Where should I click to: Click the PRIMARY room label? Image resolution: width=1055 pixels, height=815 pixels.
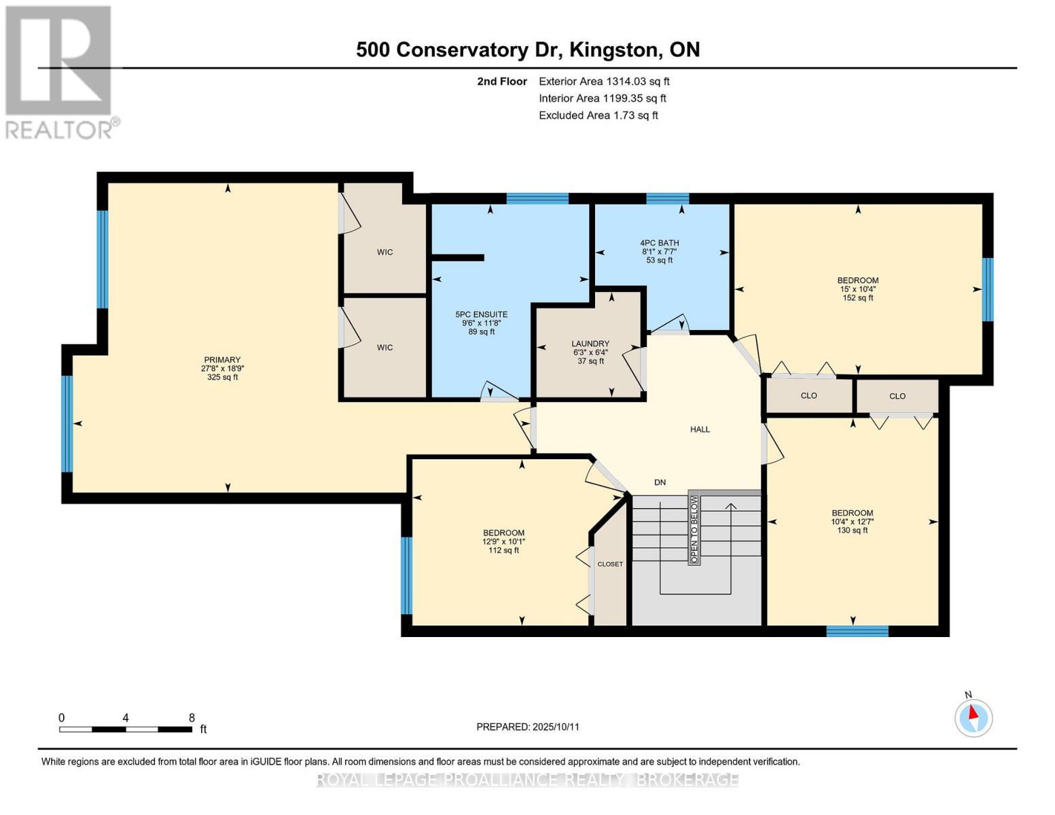click(222, 360)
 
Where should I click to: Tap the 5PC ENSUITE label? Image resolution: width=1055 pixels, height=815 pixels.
click(481, 314)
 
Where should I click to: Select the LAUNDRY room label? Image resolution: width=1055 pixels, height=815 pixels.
click(590, 344)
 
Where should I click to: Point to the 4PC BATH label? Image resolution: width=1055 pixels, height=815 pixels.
click(659, 243)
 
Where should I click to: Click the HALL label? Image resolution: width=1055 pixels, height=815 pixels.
click(700, 429)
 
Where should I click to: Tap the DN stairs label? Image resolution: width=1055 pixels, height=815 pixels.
click(660, 482)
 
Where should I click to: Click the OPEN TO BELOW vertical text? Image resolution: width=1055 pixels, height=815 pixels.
click(694, 529)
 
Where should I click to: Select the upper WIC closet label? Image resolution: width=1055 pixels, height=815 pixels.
click(385, 252)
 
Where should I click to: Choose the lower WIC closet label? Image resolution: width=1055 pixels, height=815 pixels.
click(385, 348)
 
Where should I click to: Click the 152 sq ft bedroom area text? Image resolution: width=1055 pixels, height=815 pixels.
click(857, 297)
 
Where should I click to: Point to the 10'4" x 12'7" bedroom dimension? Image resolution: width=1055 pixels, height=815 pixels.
click(852, 522)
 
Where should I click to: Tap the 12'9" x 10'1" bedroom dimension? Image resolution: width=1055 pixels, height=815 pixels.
click(503, 541)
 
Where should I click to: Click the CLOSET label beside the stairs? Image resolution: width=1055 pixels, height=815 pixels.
click(610, 564)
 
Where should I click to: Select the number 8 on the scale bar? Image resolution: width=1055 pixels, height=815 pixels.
click(192, 718)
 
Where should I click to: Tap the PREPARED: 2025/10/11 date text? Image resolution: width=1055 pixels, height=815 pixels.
click(528, 727)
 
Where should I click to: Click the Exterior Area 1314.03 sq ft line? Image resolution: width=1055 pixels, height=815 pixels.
click(604, 81)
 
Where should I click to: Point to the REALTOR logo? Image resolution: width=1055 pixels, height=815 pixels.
click(59, 71)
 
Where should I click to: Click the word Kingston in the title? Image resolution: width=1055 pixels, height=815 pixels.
click(615, 50)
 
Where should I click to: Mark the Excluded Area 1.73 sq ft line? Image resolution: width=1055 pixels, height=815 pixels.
click(598, 115)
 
